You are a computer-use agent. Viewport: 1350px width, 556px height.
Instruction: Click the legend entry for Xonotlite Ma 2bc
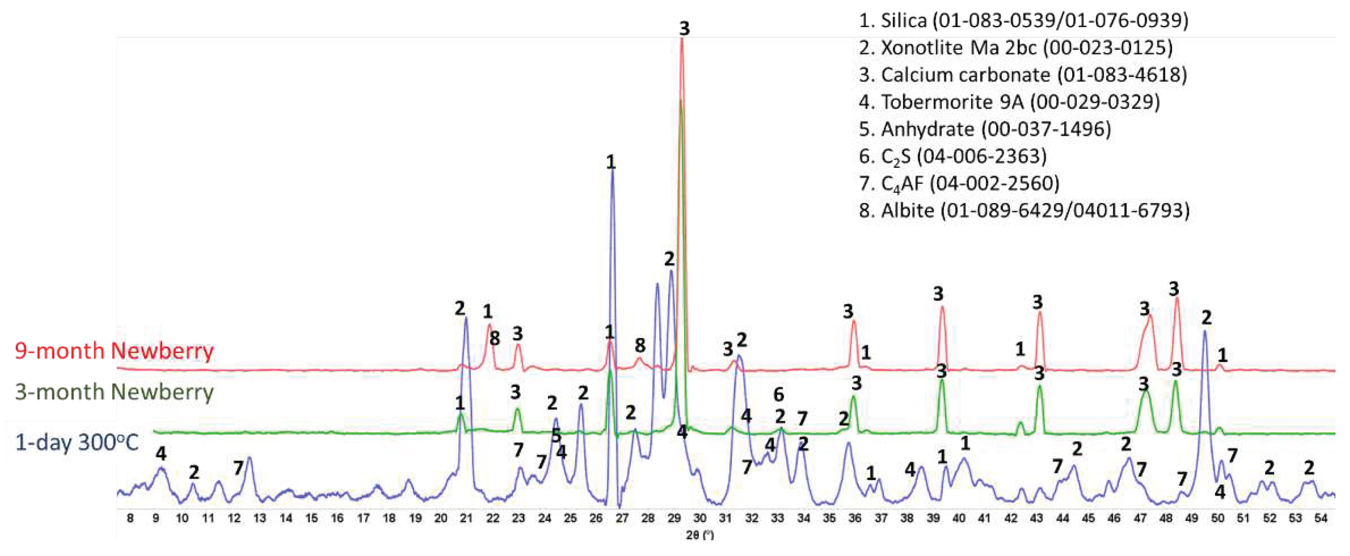click(1015, 48)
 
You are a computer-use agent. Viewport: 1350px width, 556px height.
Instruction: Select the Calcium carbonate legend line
click(1022, 75)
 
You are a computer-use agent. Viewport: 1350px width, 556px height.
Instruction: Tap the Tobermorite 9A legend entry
click(1009, 102)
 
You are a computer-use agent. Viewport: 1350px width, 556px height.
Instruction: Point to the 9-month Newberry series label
click(114, 350)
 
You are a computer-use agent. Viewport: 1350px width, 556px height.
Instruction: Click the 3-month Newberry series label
click(114, 392)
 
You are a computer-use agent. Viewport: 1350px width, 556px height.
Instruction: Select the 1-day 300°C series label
click(76, 443)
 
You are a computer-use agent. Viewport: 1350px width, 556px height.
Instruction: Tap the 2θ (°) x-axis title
click(700, 535)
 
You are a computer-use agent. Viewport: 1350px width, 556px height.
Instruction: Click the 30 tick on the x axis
click(700, 518)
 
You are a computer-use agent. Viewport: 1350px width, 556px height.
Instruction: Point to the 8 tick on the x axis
click(130, 518)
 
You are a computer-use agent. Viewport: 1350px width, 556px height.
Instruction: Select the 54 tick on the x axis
click(1321, 518)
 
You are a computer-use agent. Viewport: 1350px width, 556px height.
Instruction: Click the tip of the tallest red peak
click(682, 40)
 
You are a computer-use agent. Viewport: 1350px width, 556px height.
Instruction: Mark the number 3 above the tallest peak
click(684, 28)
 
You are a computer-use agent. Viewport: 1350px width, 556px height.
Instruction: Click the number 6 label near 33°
click(779, 394)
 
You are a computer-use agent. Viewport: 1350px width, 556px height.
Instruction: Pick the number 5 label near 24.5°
click(556, 435)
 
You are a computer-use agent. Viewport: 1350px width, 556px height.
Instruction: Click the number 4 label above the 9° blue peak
click(161, 453)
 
